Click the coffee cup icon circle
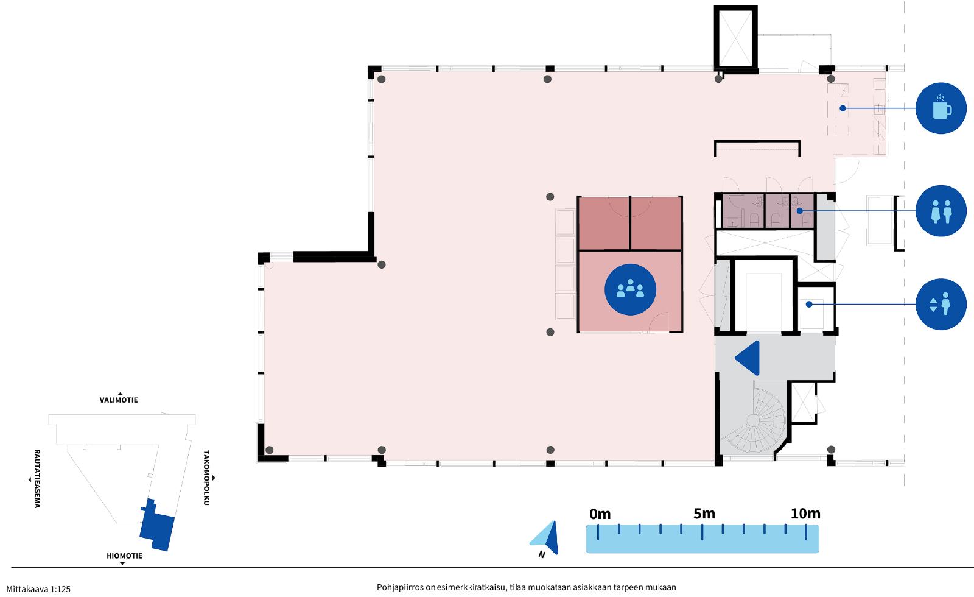tap(941, 108)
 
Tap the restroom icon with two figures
tap(941, 211)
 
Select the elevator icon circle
tap(941, 304)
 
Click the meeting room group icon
tap(630, 289)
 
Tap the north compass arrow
tap(546, 538)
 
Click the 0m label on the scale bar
tap(600, 514)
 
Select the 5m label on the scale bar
tap(704, 514)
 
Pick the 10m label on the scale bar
tap(805, 514)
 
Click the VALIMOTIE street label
tap(119, 400)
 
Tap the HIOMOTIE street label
tap(124, 556)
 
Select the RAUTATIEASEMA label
tap(37, 479)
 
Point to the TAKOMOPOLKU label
tap(206, 478)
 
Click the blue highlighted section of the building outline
tap(158, 526)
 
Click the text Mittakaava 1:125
tap(38, 589)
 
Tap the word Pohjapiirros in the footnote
tap(400, 587)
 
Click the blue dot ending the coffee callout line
tap(843, 108)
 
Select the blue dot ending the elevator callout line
tap(809, 304)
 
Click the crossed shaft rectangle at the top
tap(736, 38)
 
